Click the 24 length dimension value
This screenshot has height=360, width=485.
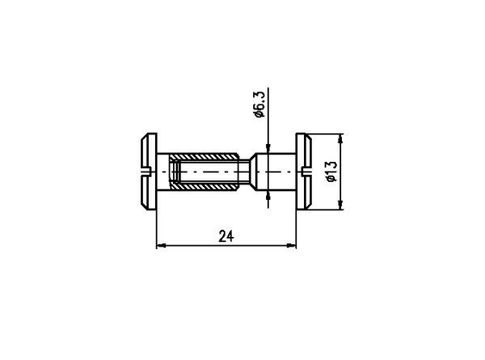tap(226, 236)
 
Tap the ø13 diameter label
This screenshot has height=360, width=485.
tap(331, 172)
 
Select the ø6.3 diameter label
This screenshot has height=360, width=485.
tap(259, 104)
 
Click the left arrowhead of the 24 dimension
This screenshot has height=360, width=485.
tap(161, 245)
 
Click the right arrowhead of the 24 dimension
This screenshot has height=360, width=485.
tap(291, 245)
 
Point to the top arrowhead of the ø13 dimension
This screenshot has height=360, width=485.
tap(340, 138)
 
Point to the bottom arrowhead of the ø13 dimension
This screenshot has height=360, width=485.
tap(340, 205)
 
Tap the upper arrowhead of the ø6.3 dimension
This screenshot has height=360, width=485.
tap(268, 149)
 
